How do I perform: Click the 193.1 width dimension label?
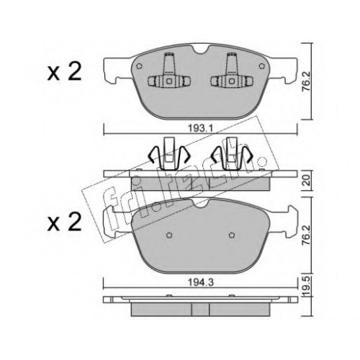pos(200,129)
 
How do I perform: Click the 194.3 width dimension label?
pos(200,283)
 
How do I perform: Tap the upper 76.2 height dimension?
pos(306,81)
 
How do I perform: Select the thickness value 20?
pos(306,181)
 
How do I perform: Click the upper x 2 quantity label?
pos(64,71)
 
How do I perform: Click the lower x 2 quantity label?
pos(64,222)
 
